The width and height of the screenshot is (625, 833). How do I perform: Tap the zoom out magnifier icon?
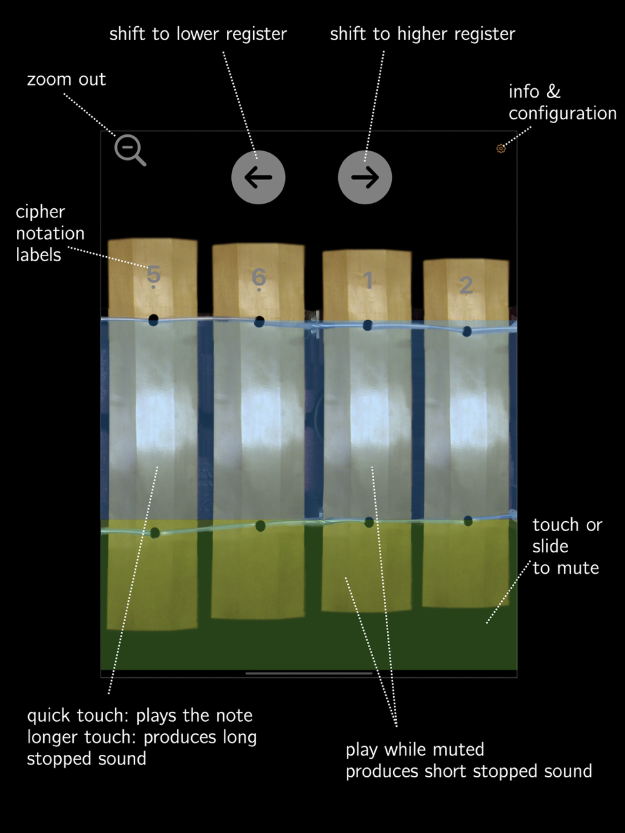click(129, 150)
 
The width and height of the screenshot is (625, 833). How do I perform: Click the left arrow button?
click(258, 177)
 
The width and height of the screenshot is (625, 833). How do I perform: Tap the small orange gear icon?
click(501, 149)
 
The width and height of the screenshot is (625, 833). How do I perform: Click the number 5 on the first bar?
click(153, 274)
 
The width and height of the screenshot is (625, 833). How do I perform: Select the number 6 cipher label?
click(259, 277)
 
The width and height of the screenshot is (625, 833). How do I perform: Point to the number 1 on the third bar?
click(368, 281)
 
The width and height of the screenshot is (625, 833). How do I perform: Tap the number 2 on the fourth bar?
click(466, 285)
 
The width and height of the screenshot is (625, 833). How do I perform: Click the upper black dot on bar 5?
click(153, 320)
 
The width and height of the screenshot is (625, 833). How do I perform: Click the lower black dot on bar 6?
click(260, 526)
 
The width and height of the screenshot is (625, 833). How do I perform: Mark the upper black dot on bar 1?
click(367, 325)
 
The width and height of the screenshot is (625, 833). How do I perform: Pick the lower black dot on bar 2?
click(468, 521)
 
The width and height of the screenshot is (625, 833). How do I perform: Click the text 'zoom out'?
click(66, 79)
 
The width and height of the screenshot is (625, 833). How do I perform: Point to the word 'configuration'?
click(562, 113)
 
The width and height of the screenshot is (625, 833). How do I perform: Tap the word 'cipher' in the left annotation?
click(40, 212)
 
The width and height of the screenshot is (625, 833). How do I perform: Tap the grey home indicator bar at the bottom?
click(309, 674)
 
